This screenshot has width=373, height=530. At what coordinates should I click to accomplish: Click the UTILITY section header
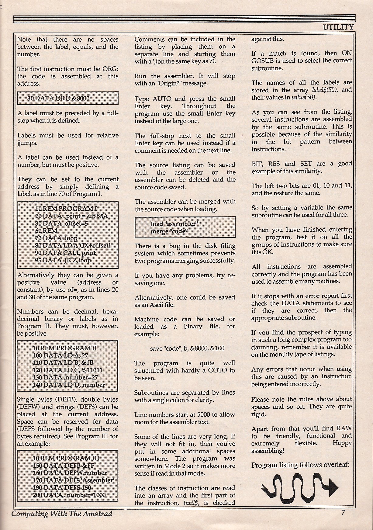(338, 27)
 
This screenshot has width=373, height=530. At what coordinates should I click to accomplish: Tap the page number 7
(343, 512)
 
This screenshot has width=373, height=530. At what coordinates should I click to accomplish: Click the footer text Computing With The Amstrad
(62, 514)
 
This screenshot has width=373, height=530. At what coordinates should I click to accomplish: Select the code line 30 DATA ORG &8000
(58, 99)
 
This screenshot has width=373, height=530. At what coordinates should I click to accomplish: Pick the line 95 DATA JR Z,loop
(63, 260)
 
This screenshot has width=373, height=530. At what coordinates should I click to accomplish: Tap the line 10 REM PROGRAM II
(64, 348)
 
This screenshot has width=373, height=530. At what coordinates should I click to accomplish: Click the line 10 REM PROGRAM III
(66, 458)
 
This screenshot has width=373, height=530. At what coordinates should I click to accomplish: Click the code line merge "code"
(169, 231)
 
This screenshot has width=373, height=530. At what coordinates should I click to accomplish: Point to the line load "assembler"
(174, 224)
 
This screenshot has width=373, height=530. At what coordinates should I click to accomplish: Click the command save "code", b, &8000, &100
(187, 348)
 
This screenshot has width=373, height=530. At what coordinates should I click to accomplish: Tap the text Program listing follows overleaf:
(300, 465)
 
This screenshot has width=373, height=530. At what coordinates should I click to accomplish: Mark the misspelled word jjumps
(27, 143)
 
